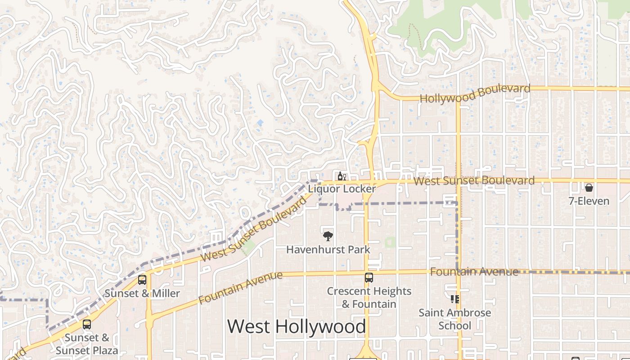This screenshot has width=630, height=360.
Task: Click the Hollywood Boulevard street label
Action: point(475,93)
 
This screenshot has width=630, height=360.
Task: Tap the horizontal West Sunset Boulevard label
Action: point(474,181)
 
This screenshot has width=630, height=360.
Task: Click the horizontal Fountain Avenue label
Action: point(474,272)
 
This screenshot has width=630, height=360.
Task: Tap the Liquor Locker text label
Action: point(342,189)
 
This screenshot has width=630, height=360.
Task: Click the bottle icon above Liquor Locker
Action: point(342,176)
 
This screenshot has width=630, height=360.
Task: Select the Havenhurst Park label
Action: point(328,249)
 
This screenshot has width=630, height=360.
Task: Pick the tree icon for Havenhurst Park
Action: point(328,235)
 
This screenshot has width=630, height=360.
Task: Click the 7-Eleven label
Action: point(589,201)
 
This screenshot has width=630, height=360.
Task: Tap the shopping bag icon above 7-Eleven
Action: point(589,187)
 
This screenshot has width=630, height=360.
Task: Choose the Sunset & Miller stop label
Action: point(142,293)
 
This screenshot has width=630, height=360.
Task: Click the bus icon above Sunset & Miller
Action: point(142,280)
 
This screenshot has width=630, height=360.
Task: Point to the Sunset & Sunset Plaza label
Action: point(87,344)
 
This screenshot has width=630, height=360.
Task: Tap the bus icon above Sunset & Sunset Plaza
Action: point(87,324)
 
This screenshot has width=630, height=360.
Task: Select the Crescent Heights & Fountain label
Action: point(369,297)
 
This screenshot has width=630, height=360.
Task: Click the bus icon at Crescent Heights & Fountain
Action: point(369,278)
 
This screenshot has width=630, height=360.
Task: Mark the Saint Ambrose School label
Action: point(454,319)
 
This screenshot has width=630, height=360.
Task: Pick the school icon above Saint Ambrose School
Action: point(454,299)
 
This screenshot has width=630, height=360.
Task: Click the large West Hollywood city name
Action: point(297,326)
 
